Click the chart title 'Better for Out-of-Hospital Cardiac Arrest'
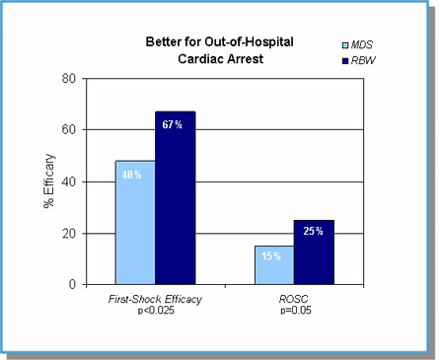tap(206, 49)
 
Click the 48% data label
tap(134, 175)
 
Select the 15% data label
tap(273, 255)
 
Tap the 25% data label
tap(313, 232)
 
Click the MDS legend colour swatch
tap(344, 45)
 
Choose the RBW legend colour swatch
tap(344, 61)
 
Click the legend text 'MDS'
tap(363, 45)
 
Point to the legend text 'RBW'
tap(364, 61)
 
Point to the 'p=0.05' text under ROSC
tap(294, 310)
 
